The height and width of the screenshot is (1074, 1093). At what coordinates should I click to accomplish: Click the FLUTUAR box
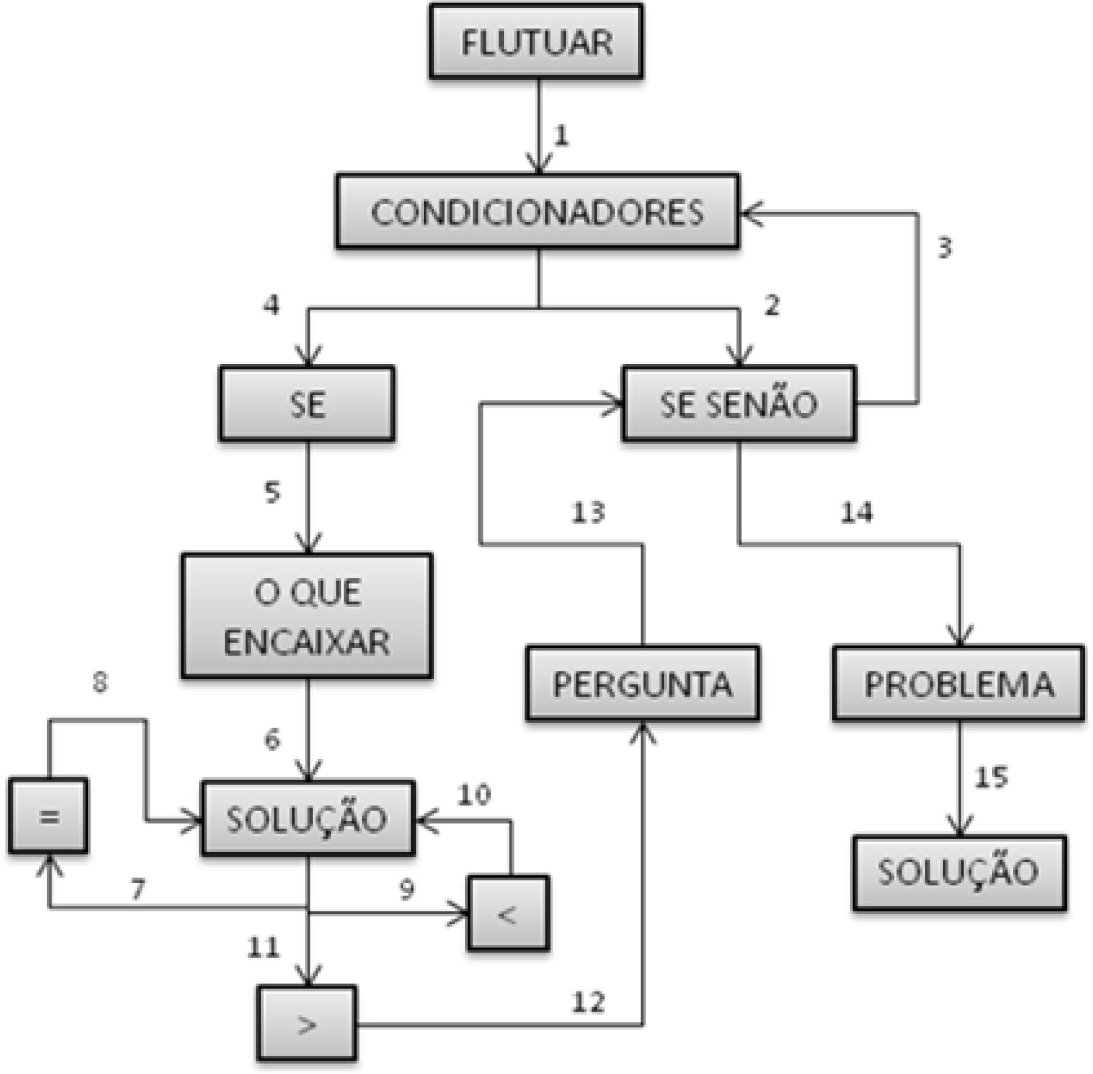pyautogui.click(x=536, y=42)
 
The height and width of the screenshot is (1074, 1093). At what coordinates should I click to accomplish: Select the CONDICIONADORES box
pyautogui.click(x=537, y=212)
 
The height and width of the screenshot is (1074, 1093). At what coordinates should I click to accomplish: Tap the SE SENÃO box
pyautogui.click(x=739, y=404)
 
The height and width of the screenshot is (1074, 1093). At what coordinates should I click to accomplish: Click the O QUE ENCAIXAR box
pyautogui.click(x=307, y=616)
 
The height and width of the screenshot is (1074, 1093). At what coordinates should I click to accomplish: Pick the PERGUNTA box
pyautogui.click(x=642, y=684)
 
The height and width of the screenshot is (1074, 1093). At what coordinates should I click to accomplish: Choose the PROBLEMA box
pyautogui.click(x=959, y=684)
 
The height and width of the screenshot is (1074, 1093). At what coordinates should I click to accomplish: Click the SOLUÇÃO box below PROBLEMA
pyautogui.click(x=959, y=873)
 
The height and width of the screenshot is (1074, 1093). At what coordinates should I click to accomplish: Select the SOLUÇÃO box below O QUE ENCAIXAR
pyautogui.click(x=308, y=819)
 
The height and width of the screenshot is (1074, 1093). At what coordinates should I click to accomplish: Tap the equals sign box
pyautogui.click(x=49, y=816)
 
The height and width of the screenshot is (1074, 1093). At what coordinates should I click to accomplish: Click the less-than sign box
pyautogui.click(x=508, y=913)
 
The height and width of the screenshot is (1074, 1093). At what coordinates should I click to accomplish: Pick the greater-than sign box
pyautogui.click(x=307, y=1024)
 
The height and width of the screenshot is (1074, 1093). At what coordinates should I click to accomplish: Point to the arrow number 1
pyautogui.click(x=562, y=135)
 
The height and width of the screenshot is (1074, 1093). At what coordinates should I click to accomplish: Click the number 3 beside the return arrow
pyautogui.click(x=945, y=248)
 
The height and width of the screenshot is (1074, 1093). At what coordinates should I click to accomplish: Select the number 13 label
pyautogui.click(x=588, y=513)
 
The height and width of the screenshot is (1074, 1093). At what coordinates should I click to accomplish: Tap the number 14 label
pyautogui.click(x=857, y=513)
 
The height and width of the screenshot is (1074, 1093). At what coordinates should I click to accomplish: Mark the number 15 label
pyautogui.click(x=991, y=777)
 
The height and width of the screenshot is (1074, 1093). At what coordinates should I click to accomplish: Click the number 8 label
pyautogui.click(x=100, y=683)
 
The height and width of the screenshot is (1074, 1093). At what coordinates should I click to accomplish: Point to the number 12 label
pyautogui.click(x=588, y=1002)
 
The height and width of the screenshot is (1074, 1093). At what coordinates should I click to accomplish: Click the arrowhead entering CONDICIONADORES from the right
pyautogui.click(x=751, y=214)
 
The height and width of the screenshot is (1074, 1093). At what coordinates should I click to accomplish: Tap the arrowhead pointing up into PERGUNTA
pyautogui.click(x=643, y=731)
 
